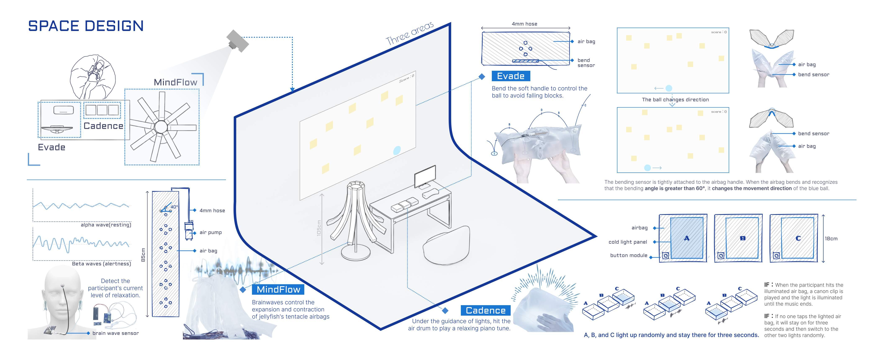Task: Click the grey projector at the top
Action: click(238, 41)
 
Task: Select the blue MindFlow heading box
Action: click(278, 289)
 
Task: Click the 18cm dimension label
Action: click(831, 239)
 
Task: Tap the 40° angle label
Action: click(174, 207)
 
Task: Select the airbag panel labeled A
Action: click(686, 238)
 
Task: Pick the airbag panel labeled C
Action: click(798, 238)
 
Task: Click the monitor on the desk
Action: click(425, 176)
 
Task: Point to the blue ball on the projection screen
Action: click(397, 150)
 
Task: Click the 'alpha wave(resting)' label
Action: click(106, 225)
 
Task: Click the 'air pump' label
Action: click(211, 232)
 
